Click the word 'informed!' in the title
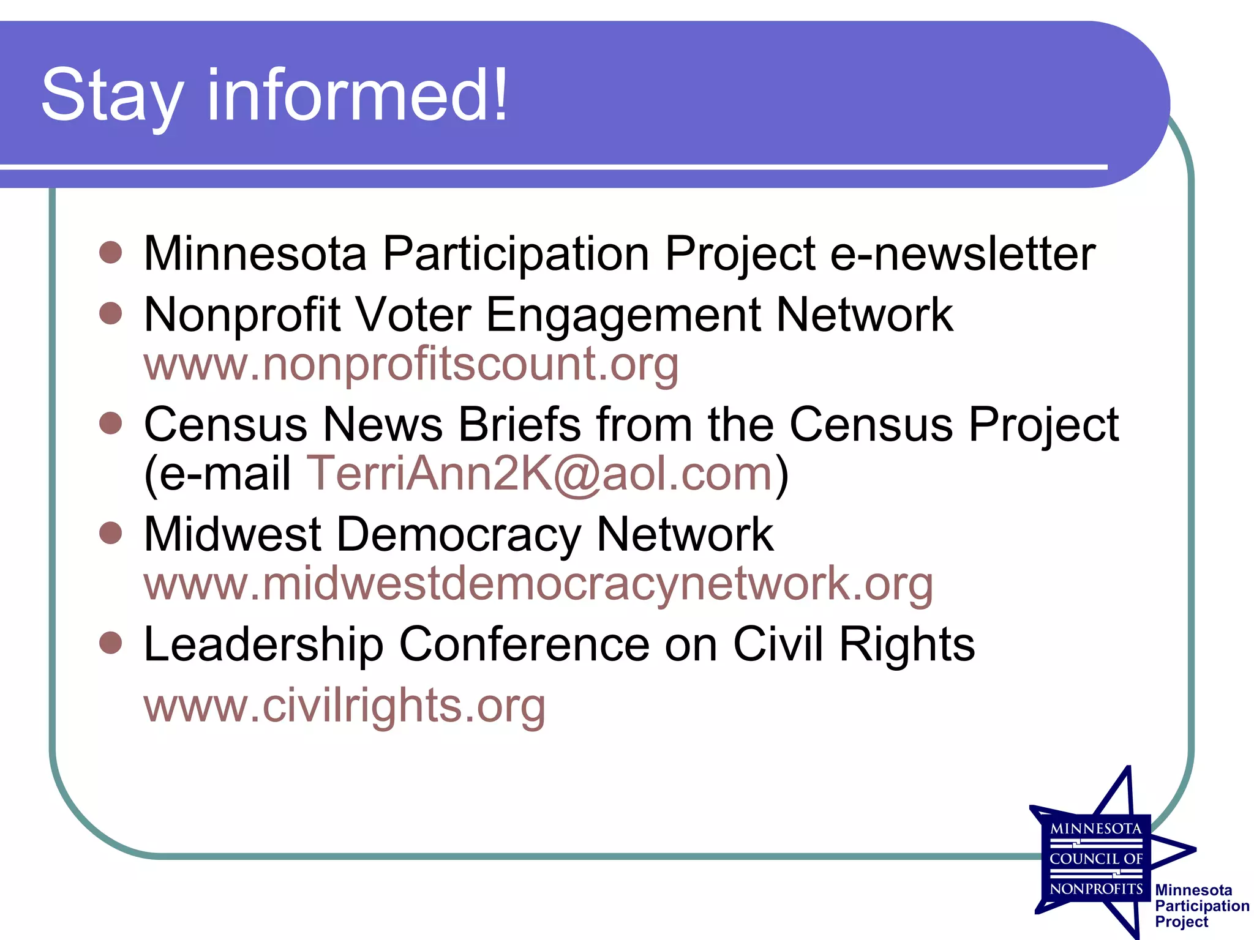[x=358, y=95]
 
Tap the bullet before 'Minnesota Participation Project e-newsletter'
[x=111, y=252]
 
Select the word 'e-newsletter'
[x=963, y=253]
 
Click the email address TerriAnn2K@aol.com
[x=539, y=474]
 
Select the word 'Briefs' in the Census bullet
[x=519, y=424]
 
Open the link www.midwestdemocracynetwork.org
[x=538, y=584]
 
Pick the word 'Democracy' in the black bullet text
[x=459, y=534]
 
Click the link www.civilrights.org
[x=344, y=706]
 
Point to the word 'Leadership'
[x=263, y=644]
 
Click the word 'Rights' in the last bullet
[x=906, y=644]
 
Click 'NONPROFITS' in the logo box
[x=1096, y=889]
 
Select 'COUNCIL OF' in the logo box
[x=1096, y=859]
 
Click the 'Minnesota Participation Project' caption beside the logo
[x=1201, y=906]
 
